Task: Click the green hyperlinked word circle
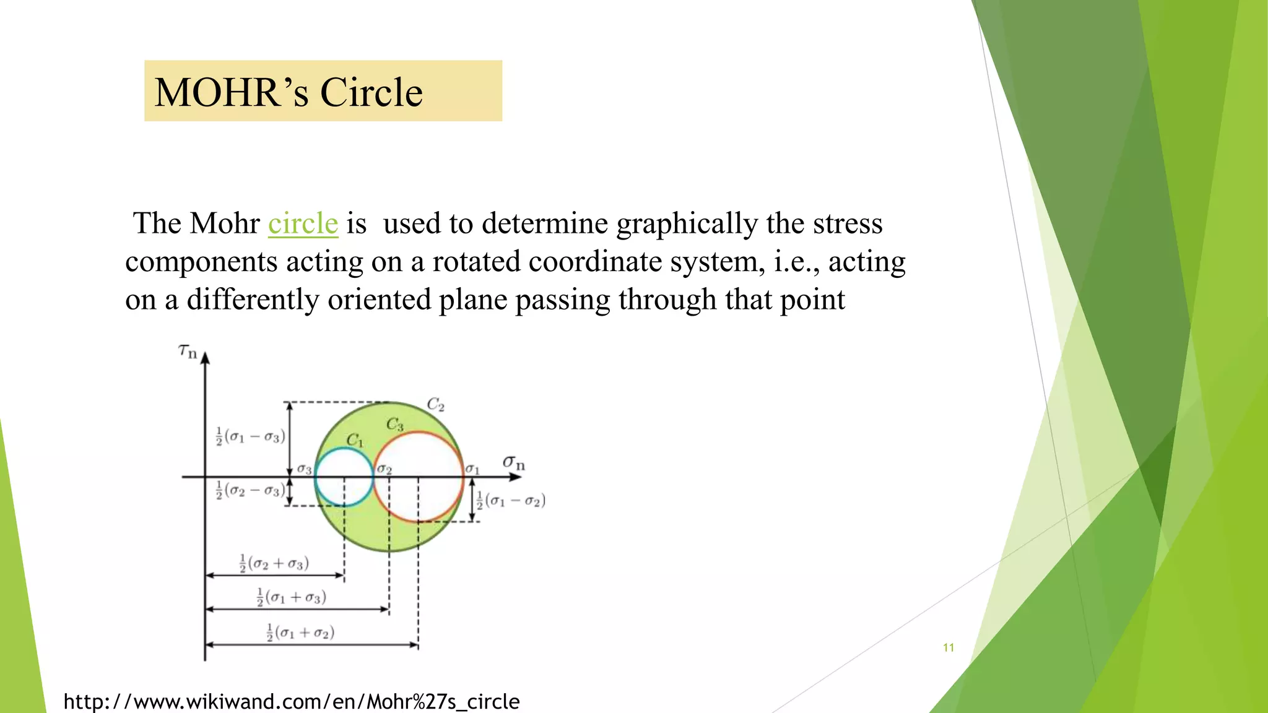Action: [x=303, y=223]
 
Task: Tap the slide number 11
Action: [x=948, y=647]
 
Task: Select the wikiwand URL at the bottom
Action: [x=291, y=701]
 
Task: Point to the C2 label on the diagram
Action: [x=436, y=405]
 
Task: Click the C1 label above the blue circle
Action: [x=355, y=440]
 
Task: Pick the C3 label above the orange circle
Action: [x=395, y=425]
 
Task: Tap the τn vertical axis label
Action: [x=187, y=352]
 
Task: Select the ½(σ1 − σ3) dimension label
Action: [x=250, y=436]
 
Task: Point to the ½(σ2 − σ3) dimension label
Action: [x=250, y=491]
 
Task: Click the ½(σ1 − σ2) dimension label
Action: [x=511, y=500]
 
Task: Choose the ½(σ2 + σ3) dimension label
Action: [x=274, y=563]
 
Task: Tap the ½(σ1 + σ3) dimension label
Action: [x=291, y=597]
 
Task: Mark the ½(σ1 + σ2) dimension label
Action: [x=300, y=632]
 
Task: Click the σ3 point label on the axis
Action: [x=304, y=469]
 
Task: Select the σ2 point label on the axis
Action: [x=384, y=469]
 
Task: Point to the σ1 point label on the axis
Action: [x=472, y=469]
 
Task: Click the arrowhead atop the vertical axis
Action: [x=205, y=358]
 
